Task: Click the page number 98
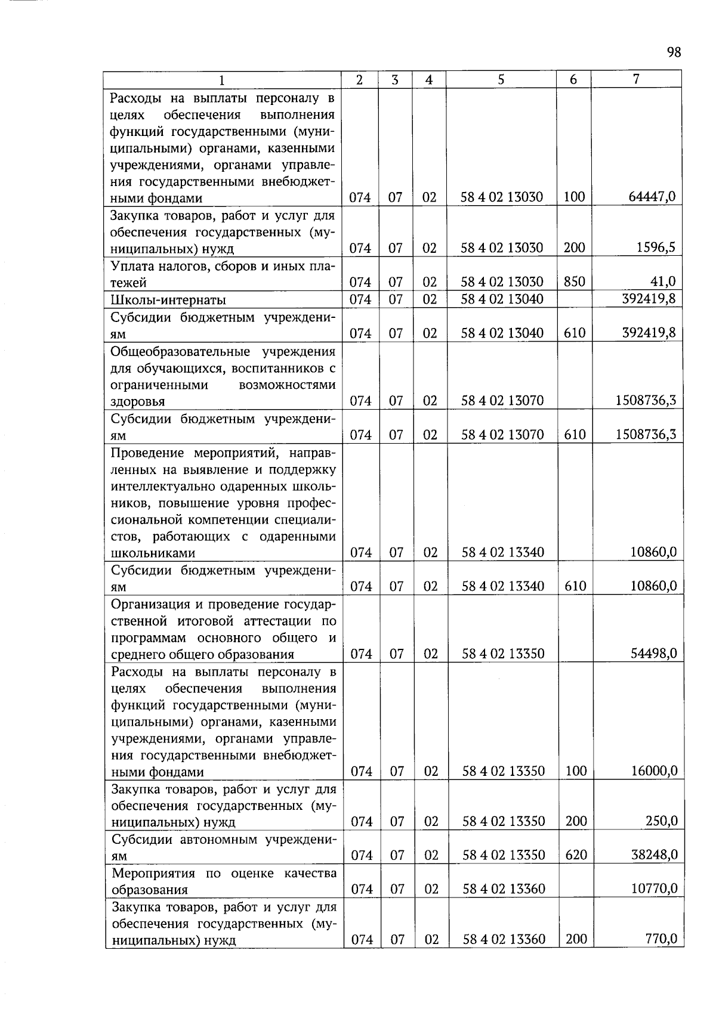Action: coord(673,52)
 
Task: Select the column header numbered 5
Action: coord(501,79)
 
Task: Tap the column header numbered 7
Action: coord(636,79)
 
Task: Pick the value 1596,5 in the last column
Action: coord(656,247)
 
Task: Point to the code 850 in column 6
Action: coord(574,281)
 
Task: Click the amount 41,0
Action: coord(663,281)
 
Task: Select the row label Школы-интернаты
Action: coord(168,299)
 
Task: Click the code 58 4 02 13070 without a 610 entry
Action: coord(502,401)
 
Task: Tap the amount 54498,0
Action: coord(654,654)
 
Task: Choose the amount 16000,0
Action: coord(654,771)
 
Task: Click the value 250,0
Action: coord(662,821)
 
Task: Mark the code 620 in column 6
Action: coord(576,855)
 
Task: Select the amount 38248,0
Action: coord(654,855)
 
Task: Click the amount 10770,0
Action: coord(654,889)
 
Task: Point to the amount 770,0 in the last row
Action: coord(662,939)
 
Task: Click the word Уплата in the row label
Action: coord(132,266)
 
